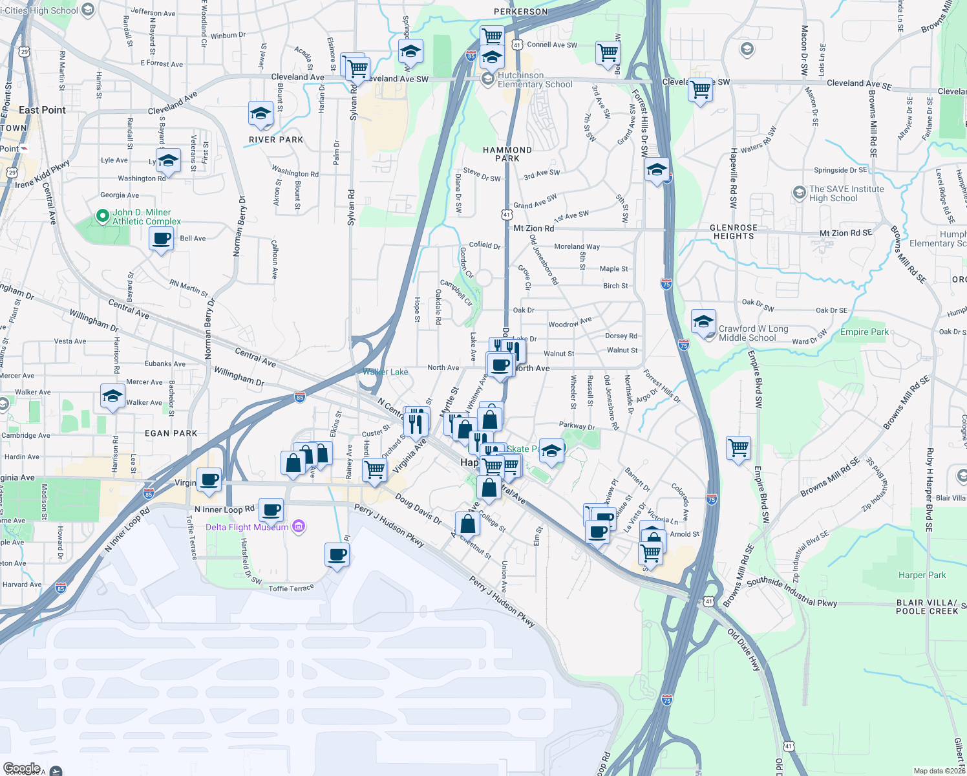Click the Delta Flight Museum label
click(247, 527)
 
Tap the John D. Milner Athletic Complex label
click(147, 217)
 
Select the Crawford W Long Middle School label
click(753, 333)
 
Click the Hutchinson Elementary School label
click(535, 80)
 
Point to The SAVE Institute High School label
click(846, 193)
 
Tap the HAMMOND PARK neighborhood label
click(507, 154)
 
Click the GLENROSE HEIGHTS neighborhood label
click(734, 232)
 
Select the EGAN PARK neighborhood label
click(171, 433)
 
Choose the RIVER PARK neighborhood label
click(276, 140)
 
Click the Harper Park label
click(922, 575)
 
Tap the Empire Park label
click(864, 332)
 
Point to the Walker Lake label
click(385, 372)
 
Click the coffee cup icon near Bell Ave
click(161, 239)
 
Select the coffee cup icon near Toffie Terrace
click(337, 554)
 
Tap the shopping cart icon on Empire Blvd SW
click(738, 447)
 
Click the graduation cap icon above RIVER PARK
click(260, 114)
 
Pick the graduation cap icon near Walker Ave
click(112, 396)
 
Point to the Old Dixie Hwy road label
click(745, 649)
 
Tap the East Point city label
click(42, 110)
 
